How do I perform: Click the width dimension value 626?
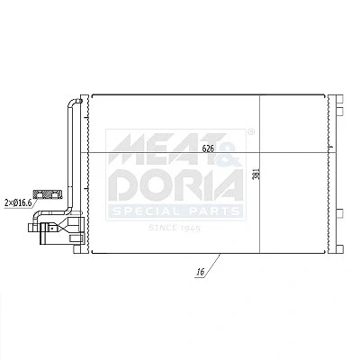[208, 148]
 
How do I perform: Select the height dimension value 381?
[256, 174]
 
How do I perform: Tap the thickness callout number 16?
[201, 272]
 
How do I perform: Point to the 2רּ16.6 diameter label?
[18, 203]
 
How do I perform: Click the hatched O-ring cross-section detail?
[48, 194]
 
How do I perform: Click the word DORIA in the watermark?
[175, 185]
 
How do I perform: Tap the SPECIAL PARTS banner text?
[176, 211]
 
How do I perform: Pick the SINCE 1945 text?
[175, 229]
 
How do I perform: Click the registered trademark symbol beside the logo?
[251, 131]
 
